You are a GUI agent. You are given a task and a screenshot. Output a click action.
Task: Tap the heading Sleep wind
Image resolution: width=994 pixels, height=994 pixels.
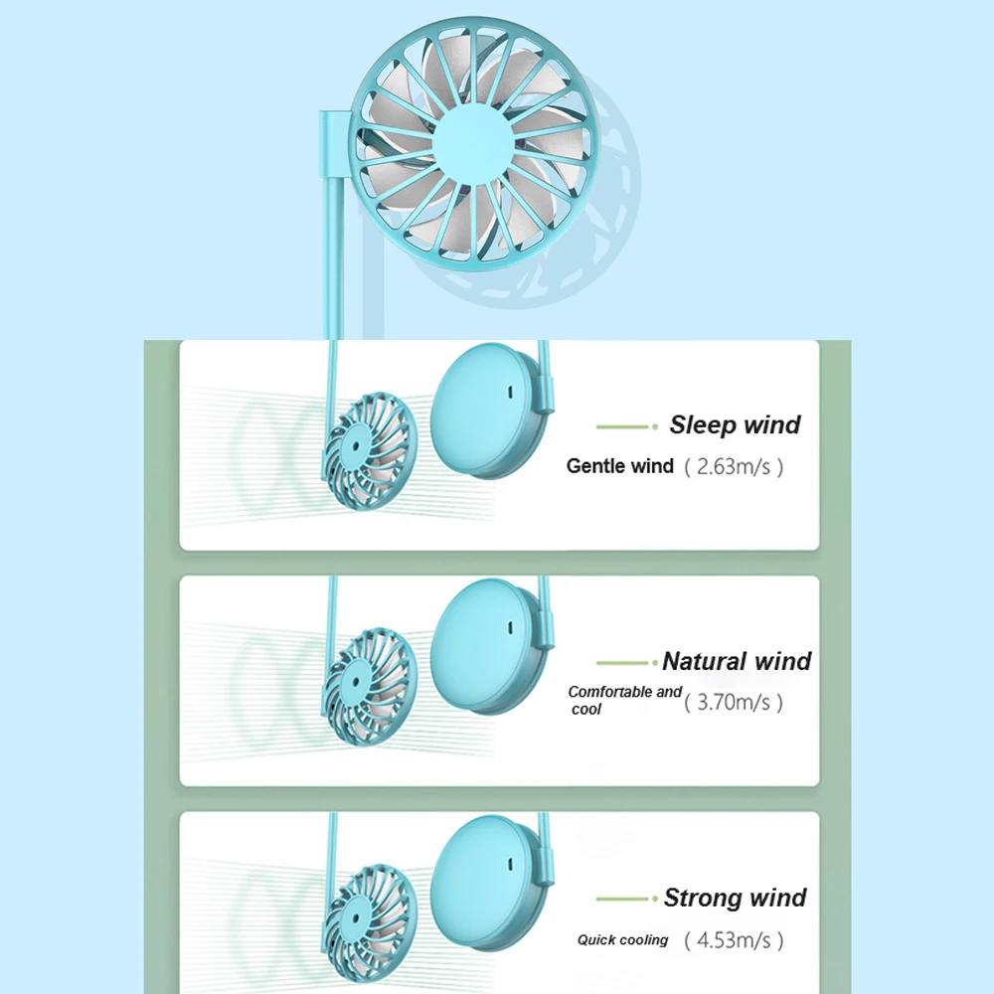(x=735, y=425)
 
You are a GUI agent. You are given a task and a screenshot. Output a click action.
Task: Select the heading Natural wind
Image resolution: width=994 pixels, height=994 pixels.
(x=737, y=661)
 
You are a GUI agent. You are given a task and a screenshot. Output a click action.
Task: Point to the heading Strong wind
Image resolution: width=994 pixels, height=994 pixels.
(x=735, y=899)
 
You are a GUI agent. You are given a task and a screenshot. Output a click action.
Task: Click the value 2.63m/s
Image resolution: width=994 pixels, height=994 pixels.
(x=734, y=466)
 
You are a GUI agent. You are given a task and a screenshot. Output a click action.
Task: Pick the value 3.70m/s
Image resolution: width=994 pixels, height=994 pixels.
(x=734, y=703)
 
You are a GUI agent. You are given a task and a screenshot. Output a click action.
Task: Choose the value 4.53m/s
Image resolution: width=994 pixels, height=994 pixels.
(x=734, y=939)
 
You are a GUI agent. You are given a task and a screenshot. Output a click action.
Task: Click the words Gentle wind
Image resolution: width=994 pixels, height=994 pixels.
(x=619, y=465)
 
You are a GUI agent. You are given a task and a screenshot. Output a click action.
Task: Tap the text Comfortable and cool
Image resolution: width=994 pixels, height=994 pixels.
(x=623, y=699)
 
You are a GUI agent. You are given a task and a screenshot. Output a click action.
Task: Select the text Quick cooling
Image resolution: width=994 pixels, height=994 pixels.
(x=622, y=939)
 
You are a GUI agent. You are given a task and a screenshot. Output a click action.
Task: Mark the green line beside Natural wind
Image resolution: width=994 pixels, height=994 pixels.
(x=626, y=662)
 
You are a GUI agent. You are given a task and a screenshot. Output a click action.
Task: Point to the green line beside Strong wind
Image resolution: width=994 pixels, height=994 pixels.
(x=626, y=899)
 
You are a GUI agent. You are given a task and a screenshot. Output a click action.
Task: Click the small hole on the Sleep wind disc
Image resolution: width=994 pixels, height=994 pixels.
(x=508, y=391)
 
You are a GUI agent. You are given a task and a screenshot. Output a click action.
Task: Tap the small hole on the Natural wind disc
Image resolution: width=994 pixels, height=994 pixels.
(x=508, y=627)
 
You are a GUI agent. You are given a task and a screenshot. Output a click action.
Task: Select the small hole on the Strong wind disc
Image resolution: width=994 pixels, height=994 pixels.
(x=508, y=864)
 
